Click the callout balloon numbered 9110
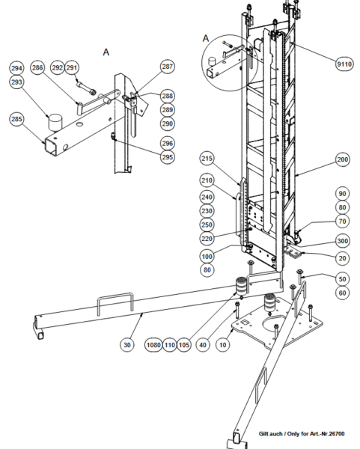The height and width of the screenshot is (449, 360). (344, 64)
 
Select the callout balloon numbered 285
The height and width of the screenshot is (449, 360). (16, 119)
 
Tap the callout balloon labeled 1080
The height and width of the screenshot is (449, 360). (153, 345)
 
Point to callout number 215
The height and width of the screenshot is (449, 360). (207, 159)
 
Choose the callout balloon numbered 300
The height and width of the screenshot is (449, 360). (342, 241)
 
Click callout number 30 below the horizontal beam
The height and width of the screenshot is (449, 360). (127, 345)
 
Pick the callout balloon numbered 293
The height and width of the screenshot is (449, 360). (16, 82)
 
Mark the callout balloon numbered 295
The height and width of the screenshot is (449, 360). (167, 157)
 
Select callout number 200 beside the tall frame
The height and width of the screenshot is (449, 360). (342, 159)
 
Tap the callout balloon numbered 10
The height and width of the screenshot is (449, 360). (222, 345)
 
